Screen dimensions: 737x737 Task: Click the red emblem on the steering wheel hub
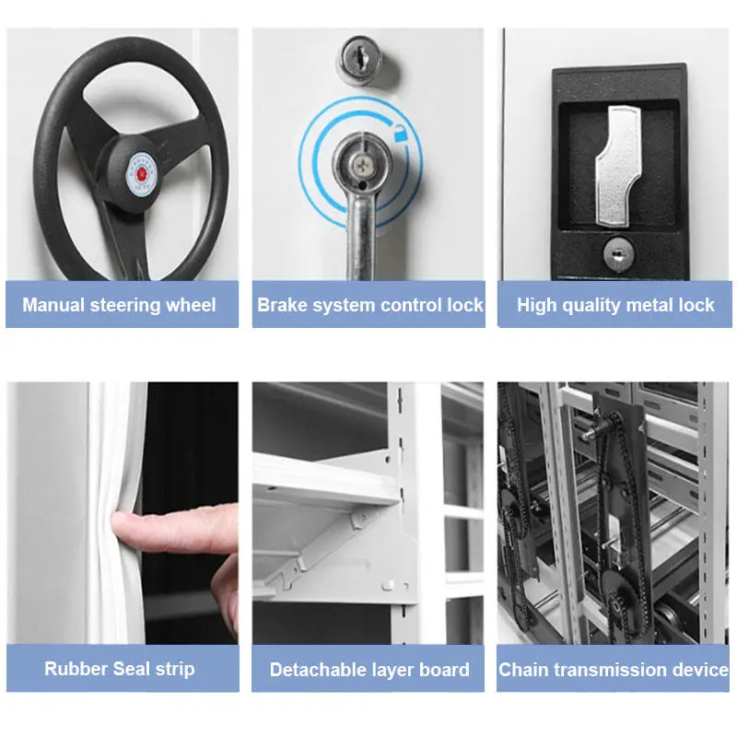tap(141, 174)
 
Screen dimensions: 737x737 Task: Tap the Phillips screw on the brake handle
tap(362, 165)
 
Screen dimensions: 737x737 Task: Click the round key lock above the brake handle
tap(361, 60)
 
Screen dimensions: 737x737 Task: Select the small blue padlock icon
tap(400, 133)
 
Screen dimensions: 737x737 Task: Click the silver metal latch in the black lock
tap(618, 166)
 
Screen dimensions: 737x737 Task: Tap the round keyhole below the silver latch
tap(618, 254)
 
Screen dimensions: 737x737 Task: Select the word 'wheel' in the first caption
tap(191, 305)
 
